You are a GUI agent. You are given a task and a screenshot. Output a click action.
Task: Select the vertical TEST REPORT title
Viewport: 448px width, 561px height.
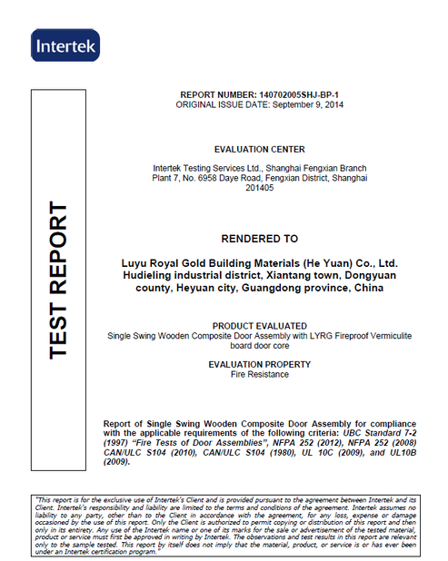coord(56,280)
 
